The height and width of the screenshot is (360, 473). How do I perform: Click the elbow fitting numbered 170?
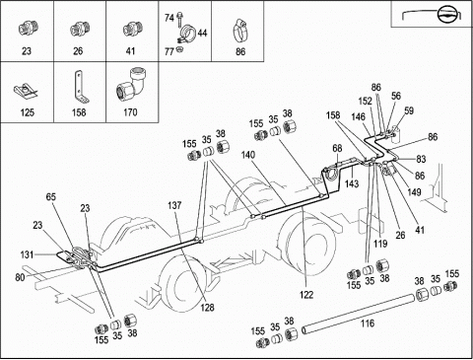tap(131, 86)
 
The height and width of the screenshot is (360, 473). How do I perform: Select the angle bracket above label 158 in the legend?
tap(80, 87)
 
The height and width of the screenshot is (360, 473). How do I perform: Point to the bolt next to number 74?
tap(179, 20)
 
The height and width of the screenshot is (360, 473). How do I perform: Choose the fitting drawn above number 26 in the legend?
tap(79, 29)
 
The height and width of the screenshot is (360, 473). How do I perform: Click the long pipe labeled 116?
tap(358, 314)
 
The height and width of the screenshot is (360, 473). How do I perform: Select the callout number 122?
tap(306, 295)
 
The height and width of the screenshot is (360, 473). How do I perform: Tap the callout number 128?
tap(208, 308)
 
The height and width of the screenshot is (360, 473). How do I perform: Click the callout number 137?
tap(174, 205)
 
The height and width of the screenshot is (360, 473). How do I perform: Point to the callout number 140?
tap(248, 155)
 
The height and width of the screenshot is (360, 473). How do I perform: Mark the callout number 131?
tap(27, 254)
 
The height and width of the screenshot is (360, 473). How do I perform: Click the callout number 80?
tap(20, 277)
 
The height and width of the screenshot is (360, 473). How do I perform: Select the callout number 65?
tap(51, 197)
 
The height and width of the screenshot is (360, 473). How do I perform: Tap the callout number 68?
tap(337, 149)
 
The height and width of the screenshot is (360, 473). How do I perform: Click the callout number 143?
tap(352, 183)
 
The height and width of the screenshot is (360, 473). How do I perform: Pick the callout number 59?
tap(409, 110)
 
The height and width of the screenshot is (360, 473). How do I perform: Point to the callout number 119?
tap(380, 244)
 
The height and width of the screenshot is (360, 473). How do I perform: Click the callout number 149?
tap(414, 192)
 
